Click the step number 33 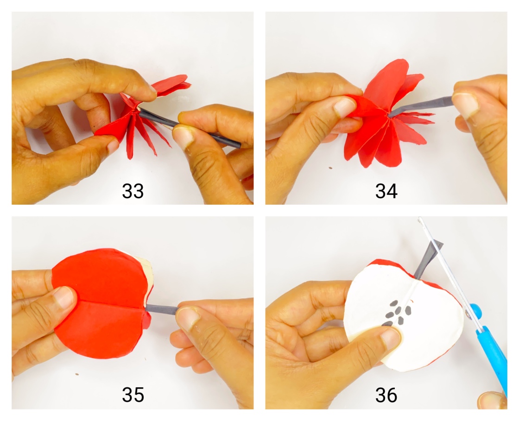coord(133,191)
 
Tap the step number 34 coord(386,191)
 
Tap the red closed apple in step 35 coord(100,301)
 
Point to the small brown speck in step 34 coord(329,168)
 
